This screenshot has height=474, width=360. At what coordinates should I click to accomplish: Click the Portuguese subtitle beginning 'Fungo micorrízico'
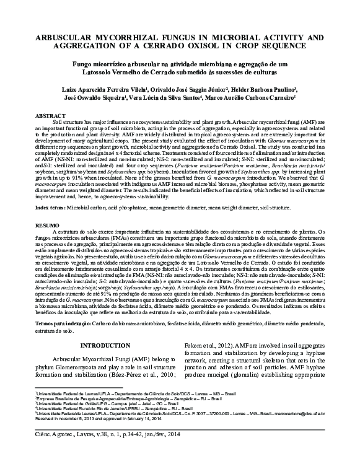point(180,64)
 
